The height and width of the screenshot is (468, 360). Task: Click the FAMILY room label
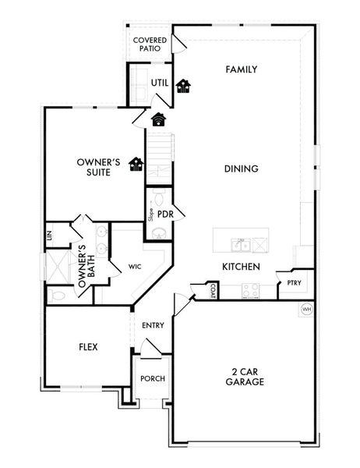coord(241,69)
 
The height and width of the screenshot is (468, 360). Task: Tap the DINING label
coord(241,168)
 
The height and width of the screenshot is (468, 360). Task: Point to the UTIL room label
coord(159,83)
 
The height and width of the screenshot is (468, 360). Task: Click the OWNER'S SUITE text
coord(98,168)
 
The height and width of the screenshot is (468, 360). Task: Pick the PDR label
coord(164,213)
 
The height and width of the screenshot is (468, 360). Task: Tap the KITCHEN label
coord(241,267)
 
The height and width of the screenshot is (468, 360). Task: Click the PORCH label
coord(152,378)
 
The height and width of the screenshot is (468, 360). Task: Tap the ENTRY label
coord(153,325)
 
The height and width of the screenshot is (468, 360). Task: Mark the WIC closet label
coord(134,266)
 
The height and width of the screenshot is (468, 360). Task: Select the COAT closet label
coord(212,291)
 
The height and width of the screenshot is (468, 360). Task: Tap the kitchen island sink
coord(241,245)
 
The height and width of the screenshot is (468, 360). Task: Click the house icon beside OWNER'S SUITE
coord(136,163)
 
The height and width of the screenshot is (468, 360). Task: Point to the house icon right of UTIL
coord(183,85)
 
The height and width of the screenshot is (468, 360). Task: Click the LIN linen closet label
coord(48,234)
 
